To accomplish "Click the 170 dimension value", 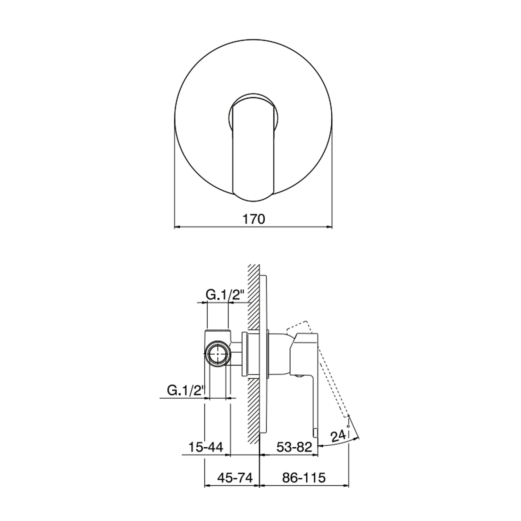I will click(253, 219).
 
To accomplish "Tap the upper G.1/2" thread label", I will click(226, 295).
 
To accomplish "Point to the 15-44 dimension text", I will click(205, 447).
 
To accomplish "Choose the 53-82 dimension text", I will click(294, 447).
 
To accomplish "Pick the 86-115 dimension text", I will click(304, 478).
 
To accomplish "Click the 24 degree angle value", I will click(337, 436).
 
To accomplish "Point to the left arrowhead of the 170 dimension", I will click(176, 227).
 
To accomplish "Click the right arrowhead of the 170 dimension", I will click(330, 227).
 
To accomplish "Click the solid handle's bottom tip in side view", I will click(315, 433).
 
